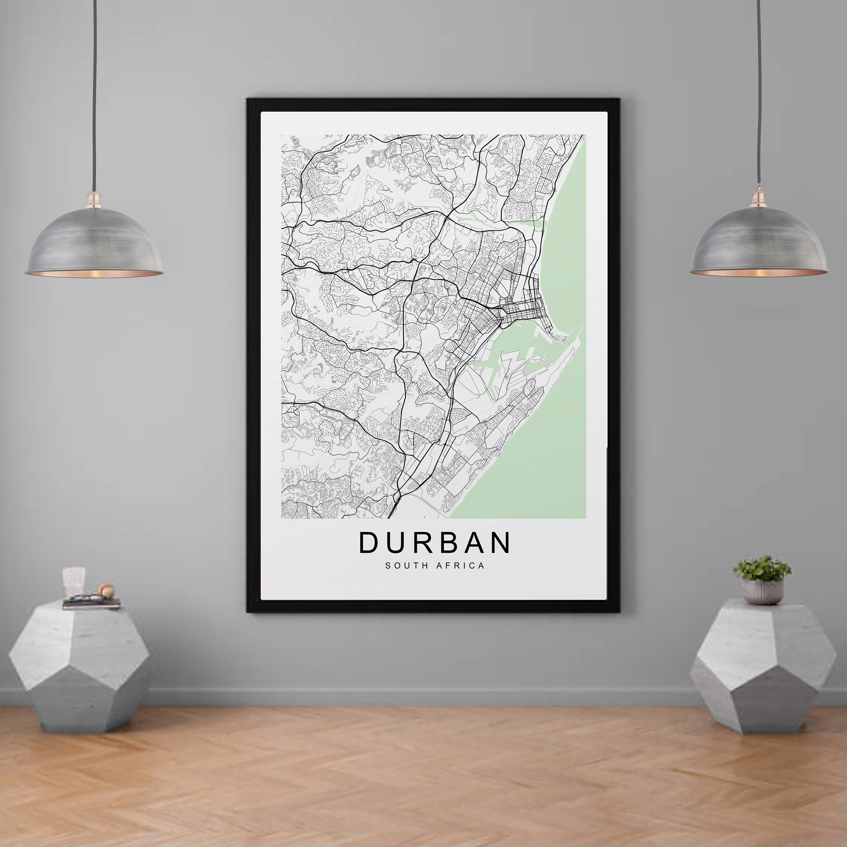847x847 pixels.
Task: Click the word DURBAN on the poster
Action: click(435, 543)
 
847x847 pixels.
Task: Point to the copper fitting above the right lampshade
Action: click(758, 200)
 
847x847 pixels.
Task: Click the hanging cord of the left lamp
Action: click(94, 88)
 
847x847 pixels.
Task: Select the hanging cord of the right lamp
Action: click(758, 88)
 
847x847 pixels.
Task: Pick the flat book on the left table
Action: click(91, 604)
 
